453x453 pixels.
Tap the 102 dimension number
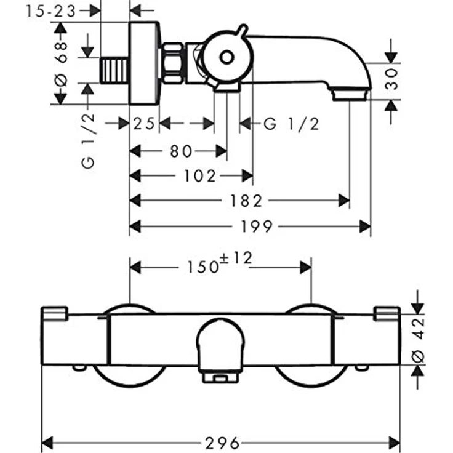click(x=200, y=176)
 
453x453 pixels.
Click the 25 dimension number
click(x=144, y=124)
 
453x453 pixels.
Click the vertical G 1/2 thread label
click(x=87, y=141)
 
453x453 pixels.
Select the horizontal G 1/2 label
click(x=292, y=124)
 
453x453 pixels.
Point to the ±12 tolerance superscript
click(x=236, y=259)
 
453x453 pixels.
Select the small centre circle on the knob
click(x=226, y=58)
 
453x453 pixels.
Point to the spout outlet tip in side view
click(x=350, y=95)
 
